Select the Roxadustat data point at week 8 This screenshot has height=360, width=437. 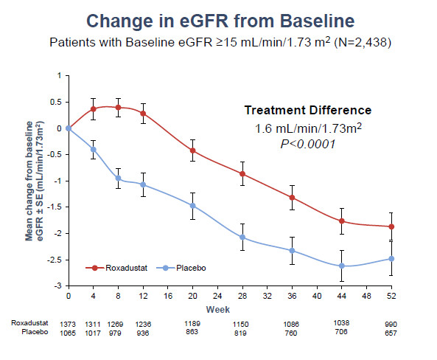118,108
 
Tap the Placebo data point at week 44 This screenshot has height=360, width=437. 341,266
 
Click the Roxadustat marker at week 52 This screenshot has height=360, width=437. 391,226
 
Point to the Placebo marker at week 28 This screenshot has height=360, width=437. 242,238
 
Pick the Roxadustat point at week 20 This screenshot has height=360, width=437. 192,150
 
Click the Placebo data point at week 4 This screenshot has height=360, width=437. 93,150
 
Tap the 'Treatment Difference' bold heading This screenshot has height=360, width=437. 307,111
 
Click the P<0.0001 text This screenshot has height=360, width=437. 307,144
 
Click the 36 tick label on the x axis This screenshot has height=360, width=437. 292,296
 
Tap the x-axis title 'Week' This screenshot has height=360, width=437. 217,308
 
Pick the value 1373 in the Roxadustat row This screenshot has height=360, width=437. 68,324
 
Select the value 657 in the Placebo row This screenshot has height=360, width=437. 391,333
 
